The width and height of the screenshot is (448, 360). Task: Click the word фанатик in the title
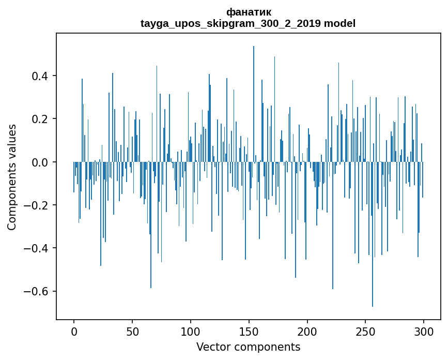click(x=248, y=12)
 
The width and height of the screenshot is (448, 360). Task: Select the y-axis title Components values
click(x=12, y=177)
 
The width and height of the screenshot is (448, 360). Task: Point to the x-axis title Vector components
click(x=248, y=347)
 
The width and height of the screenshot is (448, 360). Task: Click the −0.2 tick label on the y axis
click(x=37, y=205)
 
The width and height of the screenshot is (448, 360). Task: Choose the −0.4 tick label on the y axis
click(x=37, y=248)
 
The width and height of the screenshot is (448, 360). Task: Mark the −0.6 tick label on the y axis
click(x=37, y=291)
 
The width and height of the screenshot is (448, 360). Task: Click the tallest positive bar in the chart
click(x=254, y=103)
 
